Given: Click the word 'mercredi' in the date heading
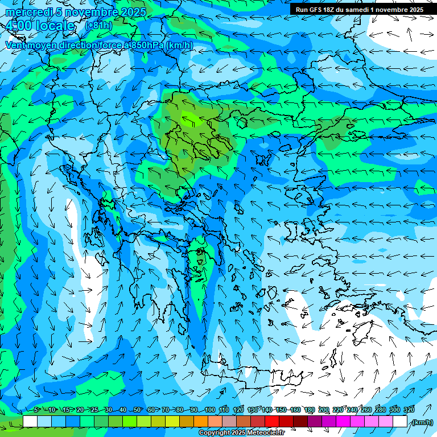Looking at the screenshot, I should (x=26, y=12).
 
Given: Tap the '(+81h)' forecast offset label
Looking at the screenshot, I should (x=98, y=26).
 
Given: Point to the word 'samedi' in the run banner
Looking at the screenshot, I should (x=356, y=10).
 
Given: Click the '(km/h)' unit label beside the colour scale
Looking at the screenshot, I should (x=422, y=422).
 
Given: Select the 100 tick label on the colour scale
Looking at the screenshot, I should (x=210, y=410).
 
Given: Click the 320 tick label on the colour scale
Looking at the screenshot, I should (x=409, y=410).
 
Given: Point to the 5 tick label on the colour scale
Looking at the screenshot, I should (x=36, y=410).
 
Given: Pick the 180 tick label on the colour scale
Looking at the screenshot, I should (x=310, y=410).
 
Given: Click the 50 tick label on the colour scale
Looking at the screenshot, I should (x=137, y=410).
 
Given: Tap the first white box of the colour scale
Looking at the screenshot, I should (x=30, y=422).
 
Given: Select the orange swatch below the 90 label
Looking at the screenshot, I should (x=201, y=422).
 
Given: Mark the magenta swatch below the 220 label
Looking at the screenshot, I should (x=343, y=422).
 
